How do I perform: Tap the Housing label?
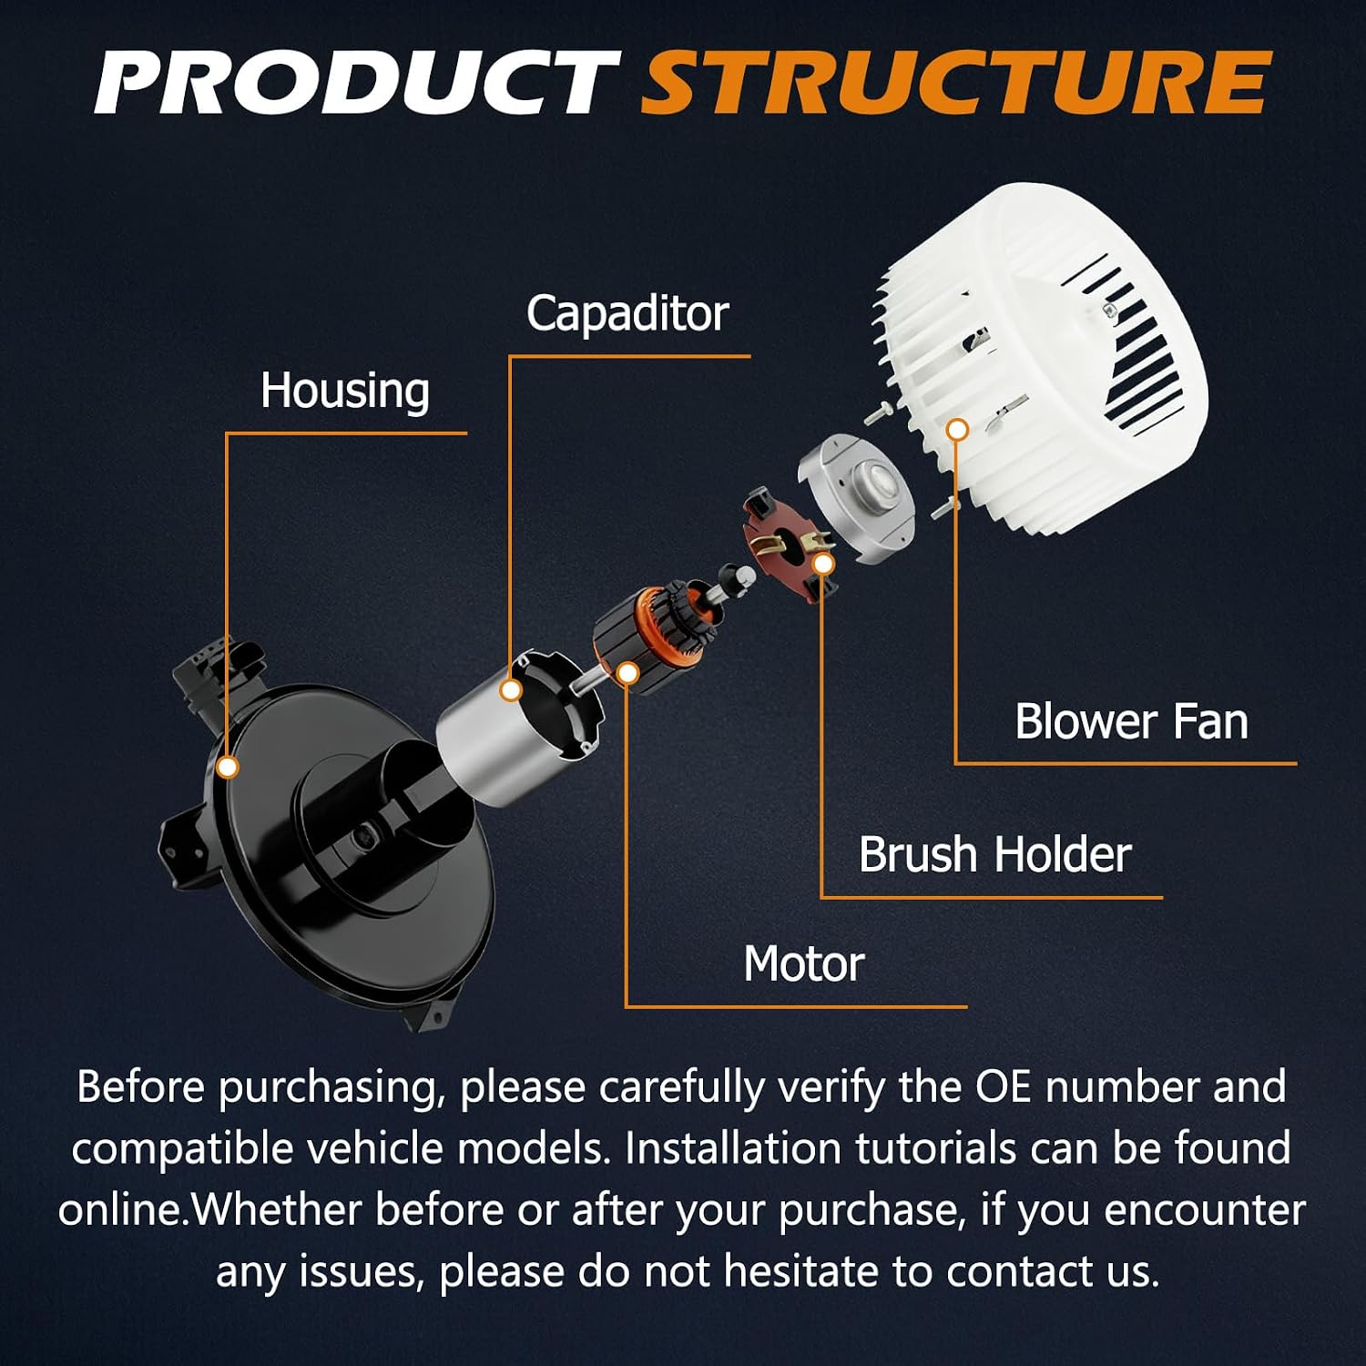tap(345, 392)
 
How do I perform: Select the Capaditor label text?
tap(627, 315)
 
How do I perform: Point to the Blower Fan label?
tap(1131, 722)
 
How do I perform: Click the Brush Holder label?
tap(994, 855)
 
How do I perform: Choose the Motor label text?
tap(803, 964)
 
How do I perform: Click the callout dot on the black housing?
tap(229, 768)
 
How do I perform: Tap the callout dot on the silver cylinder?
tap(512, 690)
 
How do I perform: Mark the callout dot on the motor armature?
tap(627, 674)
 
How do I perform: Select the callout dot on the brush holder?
tap(823, 565)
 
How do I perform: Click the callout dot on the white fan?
tap(956, 430)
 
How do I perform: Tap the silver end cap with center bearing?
tap(856, 496)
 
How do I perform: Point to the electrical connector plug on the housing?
tap(219, 678)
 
